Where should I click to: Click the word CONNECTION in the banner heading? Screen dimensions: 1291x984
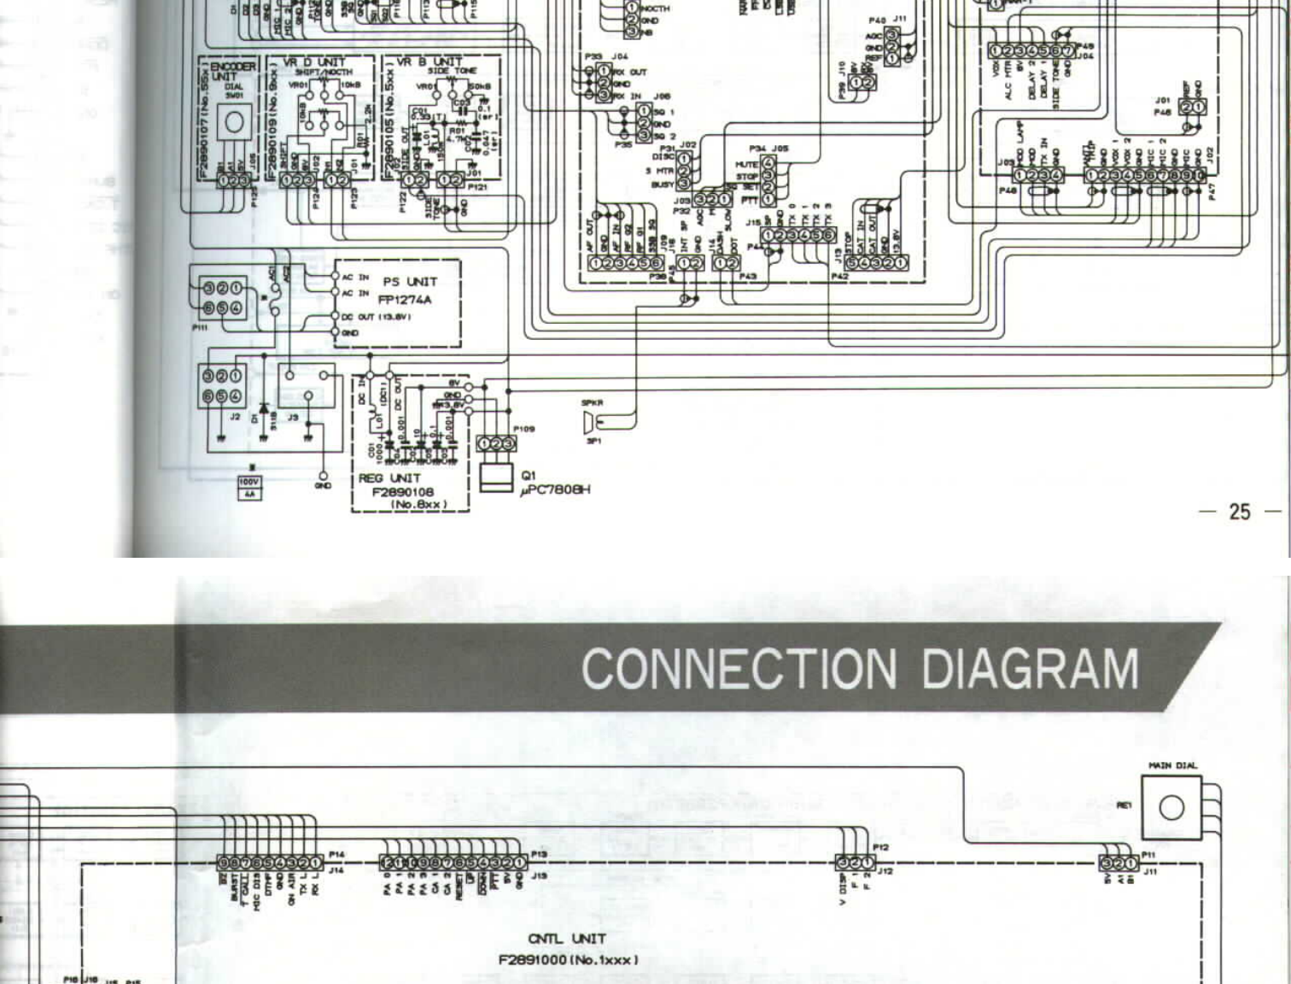[x=739, y=669]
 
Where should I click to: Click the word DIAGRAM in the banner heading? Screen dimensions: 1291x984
[x=1030, y=669]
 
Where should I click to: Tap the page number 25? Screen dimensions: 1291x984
[x=1239, y=512]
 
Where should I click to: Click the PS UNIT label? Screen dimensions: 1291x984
[x=410, y=282]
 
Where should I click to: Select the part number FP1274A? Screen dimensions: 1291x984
[x=405, y=300]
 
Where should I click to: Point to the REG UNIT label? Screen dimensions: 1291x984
[x=389, y=478]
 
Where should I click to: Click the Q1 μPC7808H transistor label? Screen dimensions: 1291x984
[x=555, y=483]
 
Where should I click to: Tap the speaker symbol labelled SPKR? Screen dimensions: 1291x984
[x=589, y=421]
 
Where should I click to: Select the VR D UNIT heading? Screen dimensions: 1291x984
[x=314, y=61]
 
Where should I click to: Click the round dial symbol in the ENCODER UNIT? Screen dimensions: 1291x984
[x=233, y=123]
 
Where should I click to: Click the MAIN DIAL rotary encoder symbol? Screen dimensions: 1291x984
[x=1171, y=806]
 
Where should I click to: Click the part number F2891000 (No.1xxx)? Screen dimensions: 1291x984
[x=568, y=959]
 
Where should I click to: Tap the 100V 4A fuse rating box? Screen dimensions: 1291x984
[x=248, y=488]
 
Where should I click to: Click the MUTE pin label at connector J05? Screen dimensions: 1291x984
[x=746, y=164]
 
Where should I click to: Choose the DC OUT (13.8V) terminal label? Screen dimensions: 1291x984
[x=377, y=317]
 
